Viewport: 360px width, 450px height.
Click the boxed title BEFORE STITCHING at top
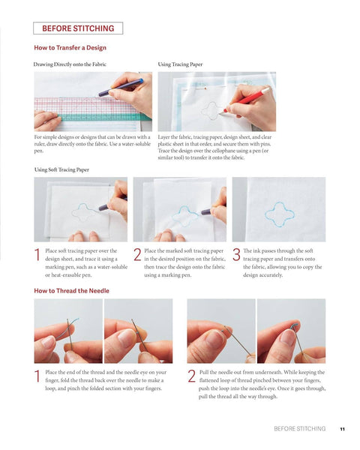[x=78, y=28]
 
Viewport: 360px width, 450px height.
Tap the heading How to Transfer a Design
[x=70, y=48]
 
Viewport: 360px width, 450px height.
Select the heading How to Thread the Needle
[x=71, y=291]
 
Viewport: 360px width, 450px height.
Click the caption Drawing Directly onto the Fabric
[x=70, y=64]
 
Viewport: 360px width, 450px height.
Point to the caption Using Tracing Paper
[x=180, y=64]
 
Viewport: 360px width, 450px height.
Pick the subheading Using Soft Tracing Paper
[x=61, y=169]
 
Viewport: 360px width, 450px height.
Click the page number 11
[x=342, y=429]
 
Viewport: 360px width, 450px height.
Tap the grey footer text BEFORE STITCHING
[x=300, y=429]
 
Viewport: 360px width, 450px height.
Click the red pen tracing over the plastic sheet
[x=247, y=100]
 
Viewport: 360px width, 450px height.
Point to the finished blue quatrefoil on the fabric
[x=280, y=214]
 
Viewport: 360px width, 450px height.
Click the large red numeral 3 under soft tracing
[x=236, y=254]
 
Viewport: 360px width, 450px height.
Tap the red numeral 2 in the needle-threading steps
[x=192, y=376]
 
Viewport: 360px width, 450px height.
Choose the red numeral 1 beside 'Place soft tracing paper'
[x=37, y=254]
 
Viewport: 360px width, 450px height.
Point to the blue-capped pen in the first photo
[x=121, y=88]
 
